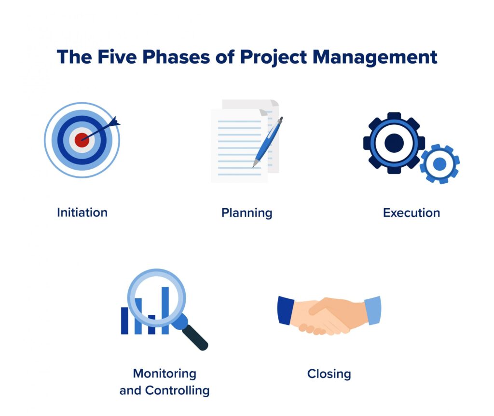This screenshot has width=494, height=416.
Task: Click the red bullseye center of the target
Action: click(82, 140)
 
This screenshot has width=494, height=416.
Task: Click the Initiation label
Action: click(82, 212)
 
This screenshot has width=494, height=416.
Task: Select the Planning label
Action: click(247, 213)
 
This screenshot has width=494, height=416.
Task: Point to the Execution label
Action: click(411, 213)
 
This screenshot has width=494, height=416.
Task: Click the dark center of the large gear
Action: click(394, 143)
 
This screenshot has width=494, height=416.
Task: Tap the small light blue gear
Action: click(439, 164)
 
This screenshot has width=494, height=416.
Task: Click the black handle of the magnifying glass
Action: click(196, 337)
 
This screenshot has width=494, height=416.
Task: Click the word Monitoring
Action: click(165, 374)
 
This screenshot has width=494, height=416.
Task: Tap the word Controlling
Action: click(181, 390)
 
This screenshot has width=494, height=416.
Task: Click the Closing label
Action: click(329, 374)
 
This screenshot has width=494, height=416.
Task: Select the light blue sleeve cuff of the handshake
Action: click(373, 310)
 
